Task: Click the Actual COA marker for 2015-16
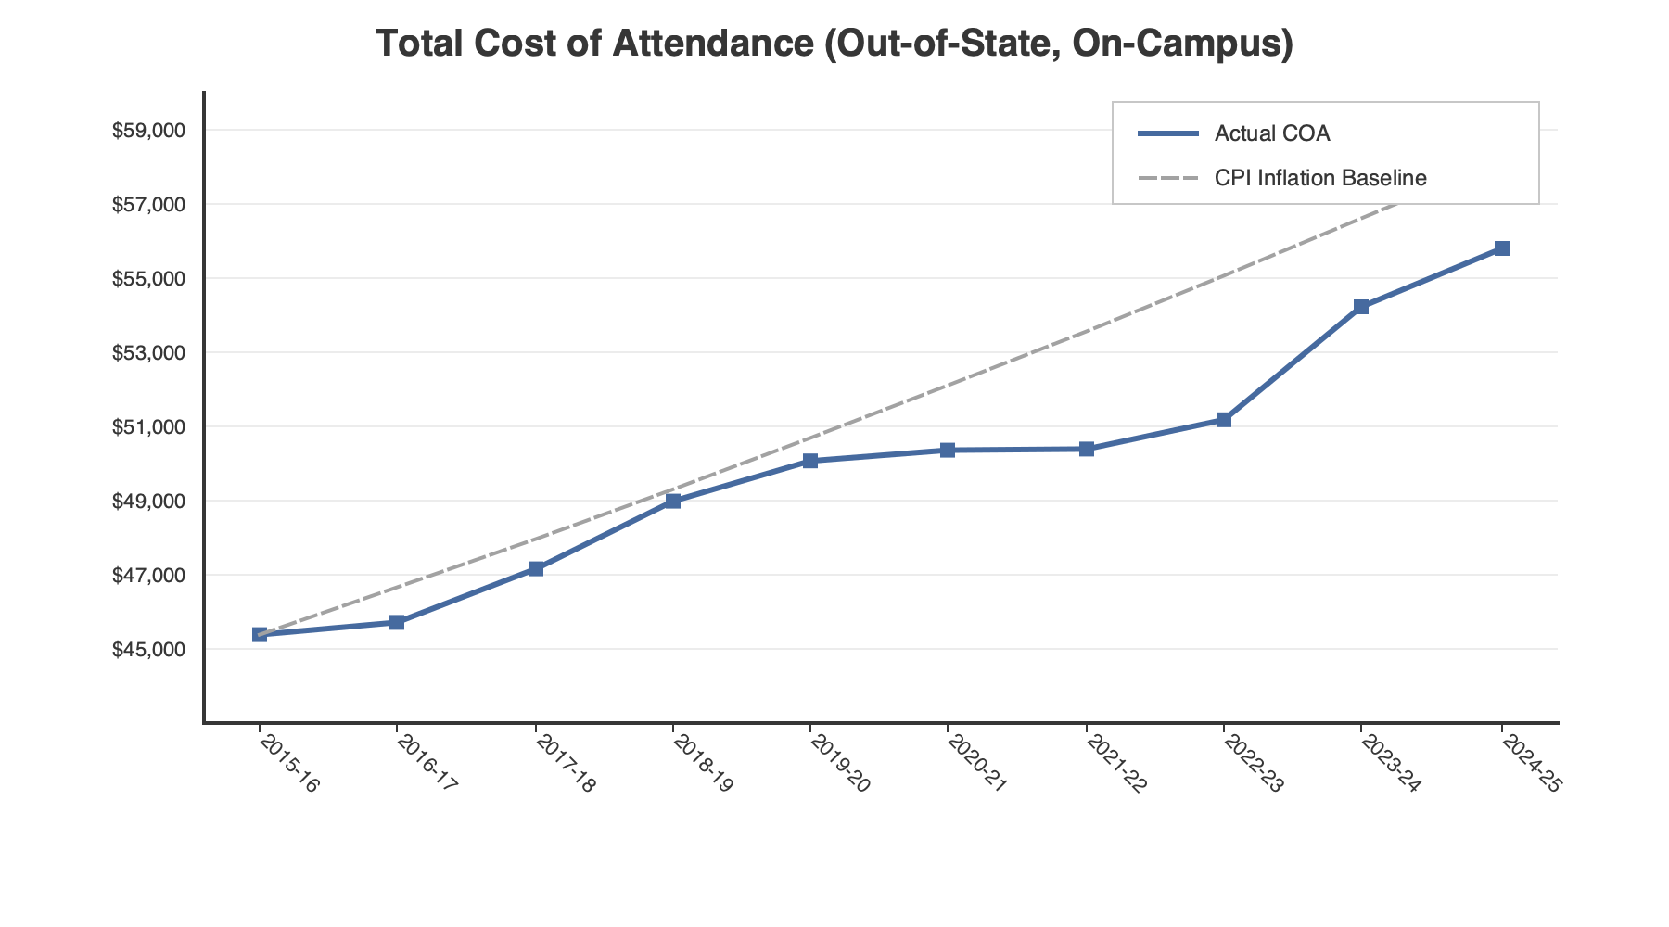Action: [260, 634]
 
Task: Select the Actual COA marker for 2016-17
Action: [397, 622]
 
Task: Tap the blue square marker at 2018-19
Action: [673, 501]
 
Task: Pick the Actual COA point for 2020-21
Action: [948, 450]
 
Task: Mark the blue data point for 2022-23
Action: [1224, 420]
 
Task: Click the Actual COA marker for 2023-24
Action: [1361, 307]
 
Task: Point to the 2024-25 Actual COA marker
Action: [1502, 248]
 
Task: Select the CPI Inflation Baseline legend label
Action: [1320, 178]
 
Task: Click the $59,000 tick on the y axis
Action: [148, 131]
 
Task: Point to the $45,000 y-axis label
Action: [148, 650]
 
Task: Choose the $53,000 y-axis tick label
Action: [148, 353]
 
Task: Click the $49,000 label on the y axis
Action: [148, 502]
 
